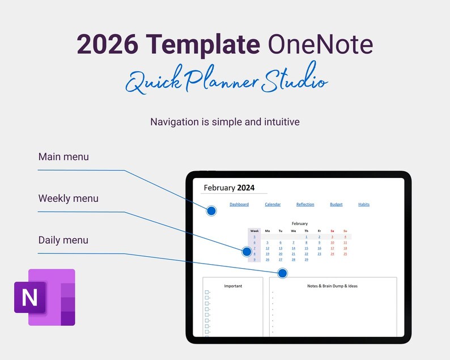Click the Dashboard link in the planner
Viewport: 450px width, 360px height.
[239, 204]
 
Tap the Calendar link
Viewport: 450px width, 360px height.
[273, 204]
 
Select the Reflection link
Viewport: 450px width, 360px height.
[305, 204]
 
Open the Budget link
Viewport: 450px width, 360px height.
[336, 204]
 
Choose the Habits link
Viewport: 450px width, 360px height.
[364, 204]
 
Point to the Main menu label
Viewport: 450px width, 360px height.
[63, 156]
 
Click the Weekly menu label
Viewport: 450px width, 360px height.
[68, 198]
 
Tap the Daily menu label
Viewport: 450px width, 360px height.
[63, 240]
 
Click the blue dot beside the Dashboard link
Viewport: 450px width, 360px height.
[211, 211]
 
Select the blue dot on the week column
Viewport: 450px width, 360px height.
[247, 251]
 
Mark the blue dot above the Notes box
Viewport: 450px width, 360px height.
[283, 273]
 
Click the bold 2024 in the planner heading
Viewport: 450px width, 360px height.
[246, 188]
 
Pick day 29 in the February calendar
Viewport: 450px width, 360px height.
[307, 260]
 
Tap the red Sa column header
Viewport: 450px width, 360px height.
[332, 231]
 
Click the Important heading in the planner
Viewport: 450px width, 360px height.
[233, 286]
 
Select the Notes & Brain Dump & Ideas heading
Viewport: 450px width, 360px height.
[333, 286]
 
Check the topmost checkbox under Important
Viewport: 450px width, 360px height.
[207, 292]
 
